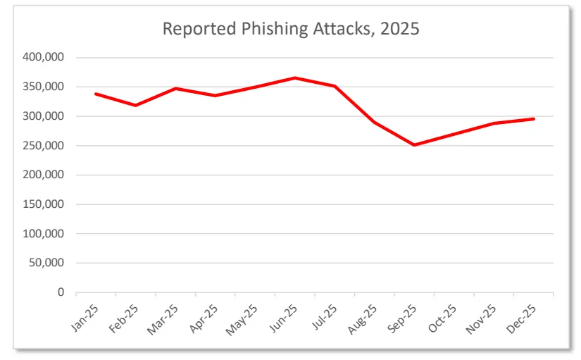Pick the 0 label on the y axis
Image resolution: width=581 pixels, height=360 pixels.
61,292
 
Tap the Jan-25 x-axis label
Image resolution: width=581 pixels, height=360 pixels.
85,315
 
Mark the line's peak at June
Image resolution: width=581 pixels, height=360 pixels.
295,77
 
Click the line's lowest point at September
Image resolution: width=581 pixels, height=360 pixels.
415,145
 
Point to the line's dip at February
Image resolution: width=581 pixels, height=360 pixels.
135,106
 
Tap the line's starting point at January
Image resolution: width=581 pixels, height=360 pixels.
95,94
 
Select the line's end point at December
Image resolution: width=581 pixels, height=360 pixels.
534,119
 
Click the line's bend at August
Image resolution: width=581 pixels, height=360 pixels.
375,122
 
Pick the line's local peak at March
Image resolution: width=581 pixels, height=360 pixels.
175,89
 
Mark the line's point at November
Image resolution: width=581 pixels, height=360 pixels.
494,123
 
